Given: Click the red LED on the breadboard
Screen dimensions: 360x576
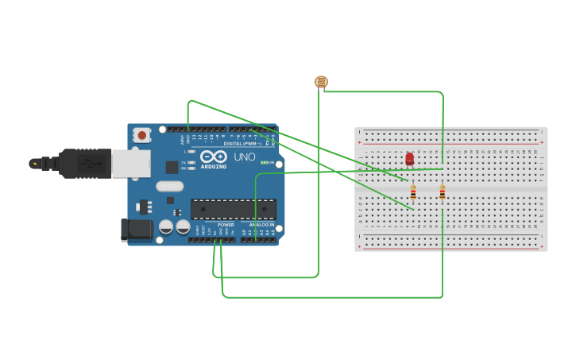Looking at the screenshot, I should point(409,159).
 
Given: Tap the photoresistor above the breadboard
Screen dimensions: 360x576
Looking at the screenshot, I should point(321,81).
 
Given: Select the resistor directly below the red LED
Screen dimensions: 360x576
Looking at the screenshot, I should point(413,192).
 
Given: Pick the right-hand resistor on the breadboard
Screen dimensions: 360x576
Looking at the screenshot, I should point(443,192).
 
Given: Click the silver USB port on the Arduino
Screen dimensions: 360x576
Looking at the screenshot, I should point(130,164).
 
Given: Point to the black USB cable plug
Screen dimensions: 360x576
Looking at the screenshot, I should point(84,164).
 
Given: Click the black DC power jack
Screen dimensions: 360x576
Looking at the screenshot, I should point(137,230).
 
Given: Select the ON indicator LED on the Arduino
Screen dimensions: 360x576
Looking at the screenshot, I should point(265,162).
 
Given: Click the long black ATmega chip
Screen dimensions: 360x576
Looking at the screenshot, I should point(234,209).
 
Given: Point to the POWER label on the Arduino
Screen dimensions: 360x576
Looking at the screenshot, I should point(226,225).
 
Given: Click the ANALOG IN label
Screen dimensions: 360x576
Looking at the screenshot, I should point(261,225).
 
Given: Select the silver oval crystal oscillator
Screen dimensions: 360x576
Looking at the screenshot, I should point(169,187).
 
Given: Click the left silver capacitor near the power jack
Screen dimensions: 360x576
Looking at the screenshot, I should point(166,226).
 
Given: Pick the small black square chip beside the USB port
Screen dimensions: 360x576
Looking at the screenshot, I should point(172,167).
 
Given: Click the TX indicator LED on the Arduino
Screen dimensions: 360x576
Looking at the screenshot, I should point(192,161).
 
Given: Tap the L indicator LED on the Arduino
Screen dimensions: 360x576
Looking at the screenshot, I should point(192,151).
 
